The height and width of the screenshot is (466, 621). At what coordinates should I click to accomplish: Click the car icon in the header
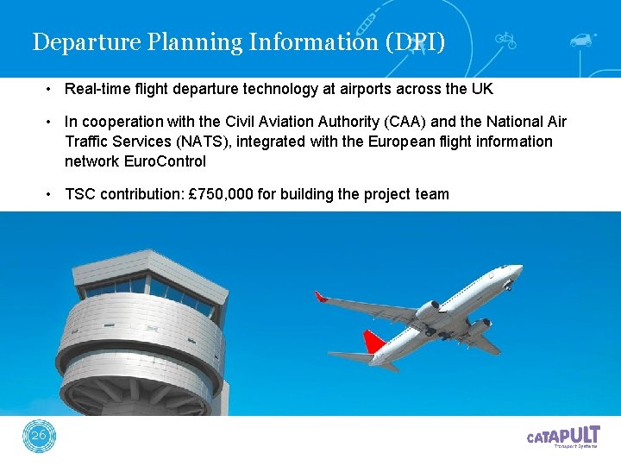pos(583,40)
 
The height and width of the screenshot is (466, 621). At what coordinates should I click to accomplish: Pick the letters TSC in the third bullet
pos(80,194)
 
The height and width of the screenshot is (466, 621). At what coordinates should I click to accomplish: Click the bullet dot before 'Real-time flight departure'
pos(51,90)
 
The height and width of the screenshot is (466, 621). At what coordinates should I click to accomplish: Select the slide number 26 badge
pos(39,437)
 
